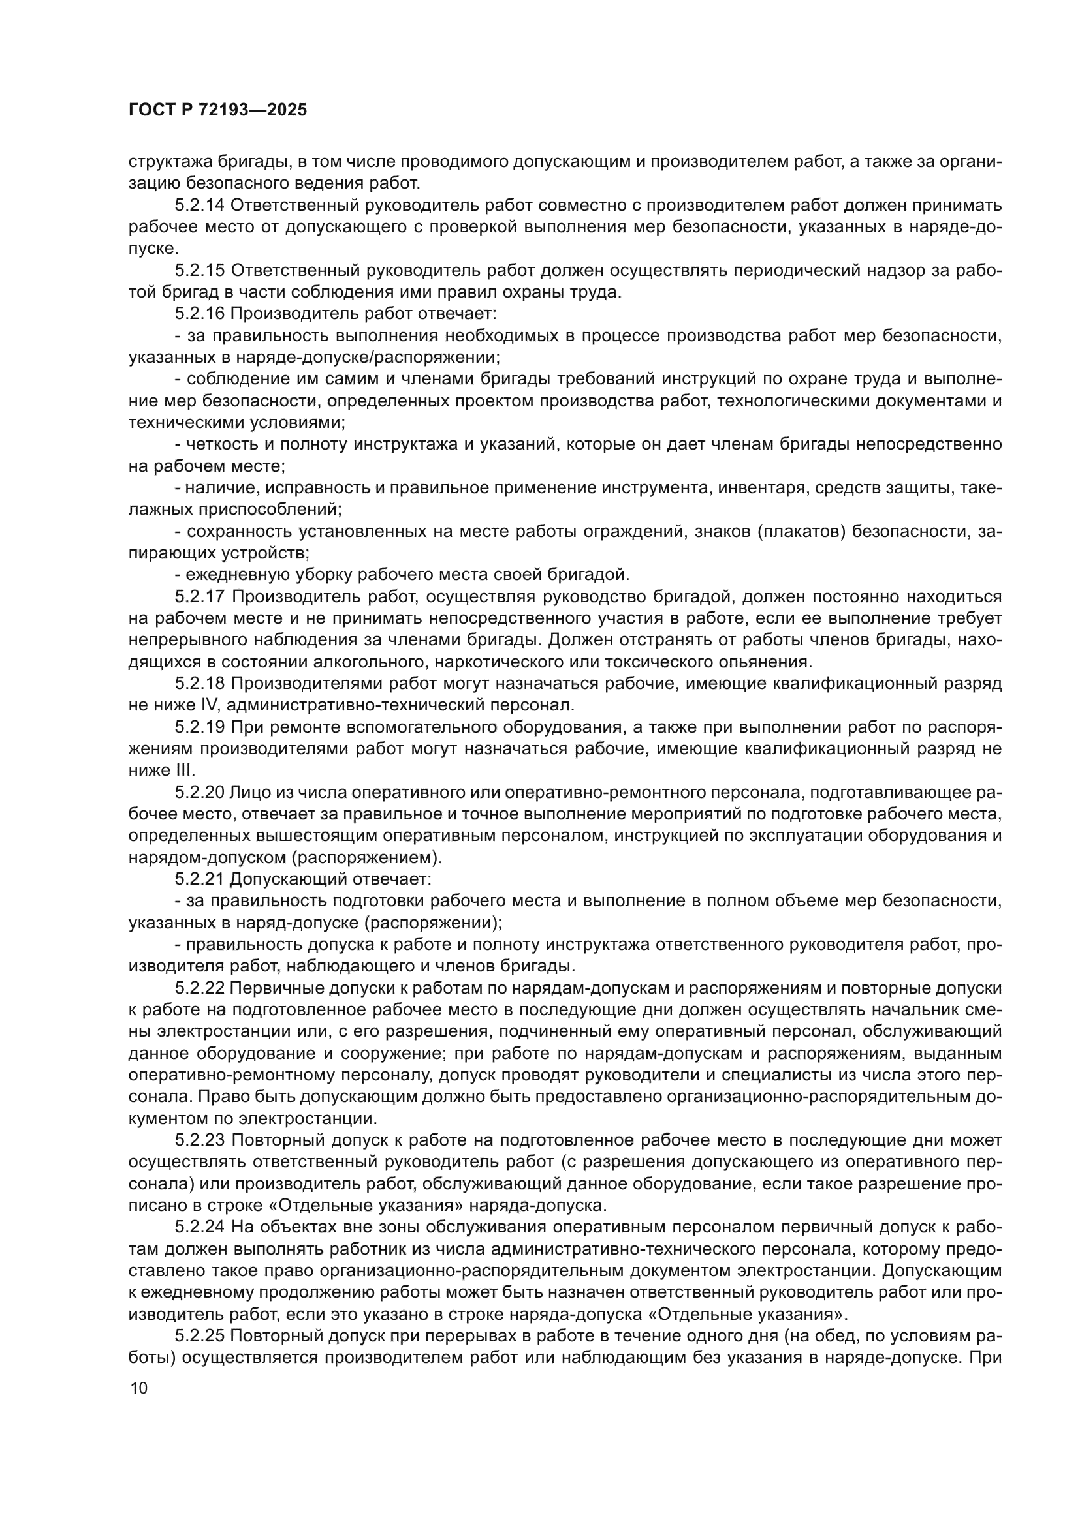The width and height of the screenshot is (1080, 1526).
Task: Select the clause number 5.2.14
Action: (200, 205)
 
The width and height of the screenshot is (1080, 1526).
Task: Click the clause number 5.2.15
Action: (200, 271)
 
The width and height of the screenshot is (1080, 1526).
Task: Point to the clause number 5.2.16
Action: (200, 314)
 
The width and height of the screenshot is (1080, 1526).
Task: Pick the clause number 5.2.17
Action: (200, 597)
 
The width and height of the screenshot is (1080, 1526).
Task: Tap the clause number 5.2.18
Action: (200, 684)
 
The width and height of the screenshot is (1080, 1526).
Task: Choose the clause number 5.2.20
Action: (200, 792)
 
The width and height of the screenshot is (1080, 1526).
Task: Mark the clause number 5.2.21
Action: (200, 879)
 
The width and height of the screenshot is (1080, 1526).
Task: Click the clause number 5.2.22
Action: (200, 988)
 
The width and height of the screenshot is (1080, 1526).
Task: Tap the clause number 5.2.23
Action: (200, 1140)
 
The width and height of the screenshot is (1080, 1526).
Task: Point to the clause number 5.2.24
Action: (200, 1228)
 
